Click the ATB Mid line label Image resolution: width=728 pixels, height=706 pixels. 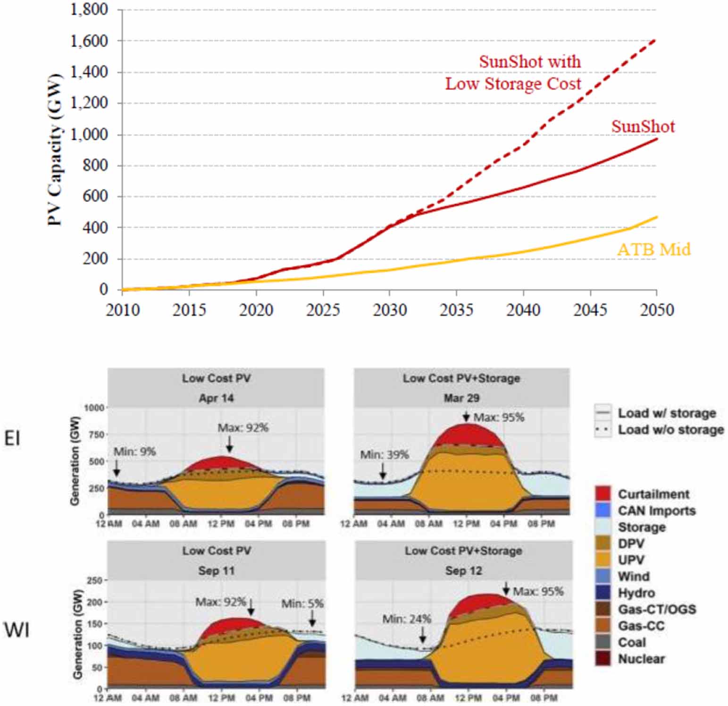[x=653, y=249]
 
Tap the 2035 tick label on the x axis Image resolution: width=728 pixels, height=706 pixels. [x=456, y=310]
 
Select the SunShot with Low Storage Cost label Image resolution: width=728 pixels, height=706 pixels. [x=514, y=73]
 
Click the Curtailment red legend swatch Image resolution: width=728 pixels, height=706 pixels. [x=602, y=494]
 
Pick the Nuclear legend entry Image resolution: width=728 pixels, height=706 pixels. [x=641, y=659]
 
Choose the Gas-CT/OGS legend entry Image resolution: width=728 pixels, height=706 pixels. [x=657, y=609]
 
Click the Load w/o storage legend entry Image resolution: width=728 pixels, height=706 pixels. [x=670, y=430]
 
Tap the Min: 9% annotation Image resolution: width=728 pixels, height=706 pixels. [x=134, y=452]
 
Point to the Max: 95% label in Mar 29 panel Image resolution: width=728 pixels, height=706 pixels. [x=499, y=417]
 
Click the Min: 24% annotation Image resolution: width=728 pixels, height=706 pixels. [x=407, y=619]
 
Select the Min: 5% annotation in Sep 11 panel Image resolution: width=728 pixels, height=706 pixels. [x=302, y=604]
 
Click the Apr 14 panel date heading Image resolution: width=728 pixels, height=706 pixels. [x=216, y=398]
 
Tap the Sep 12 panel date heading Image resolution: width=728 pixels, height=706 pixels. [x=463, y=570]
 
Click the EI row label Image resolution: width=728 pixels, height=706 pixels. [x=12, y=439]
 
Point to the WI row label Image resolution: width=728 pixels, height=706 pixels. [x=17, y=630]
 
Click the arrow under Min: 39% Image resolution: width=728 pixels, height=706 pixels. [x=383, y=471]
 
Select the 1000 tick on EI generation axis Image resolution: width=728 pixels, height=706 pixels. [x=94, y=408]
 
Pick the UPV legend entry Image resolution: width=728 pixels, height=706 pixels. [x=631, y=560]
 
